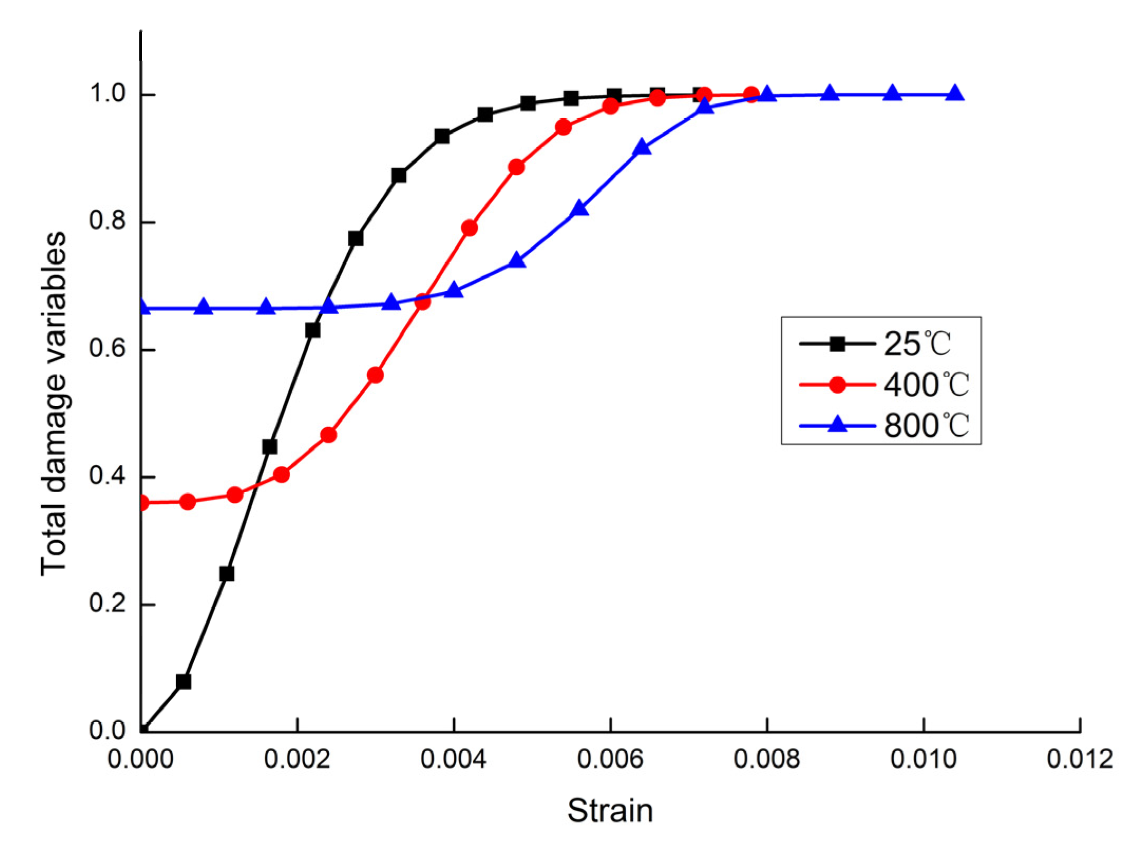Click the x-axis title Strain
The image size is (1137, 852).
[610, 810]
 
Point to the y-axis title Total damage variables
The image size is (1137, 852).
[54, 404]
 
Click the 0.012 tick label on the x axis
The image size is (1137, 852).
[1079, 759]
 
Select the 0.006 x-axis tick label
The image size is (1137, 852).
[610, 759]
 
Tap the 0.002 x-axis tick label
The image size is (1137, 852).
[297, 759]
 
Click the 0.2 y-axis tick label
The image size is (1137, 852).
[108, 602]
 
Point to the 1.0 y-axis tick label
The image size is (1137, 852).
[108, 93]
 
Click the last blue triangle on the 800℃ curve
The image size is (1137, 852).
[954, 94]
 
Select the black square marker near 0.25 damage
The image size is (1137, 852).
[227, 573]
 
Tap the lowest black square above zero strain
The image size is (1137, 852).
[184, 682]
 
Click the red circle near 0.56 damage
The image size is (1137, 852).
[375, 376]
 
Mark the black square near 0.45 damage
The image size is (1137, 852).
[270, 447]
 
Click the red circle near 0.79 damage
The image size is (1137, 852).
[470, 228]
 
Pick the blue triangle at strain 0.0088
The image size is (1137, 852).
[830, 94]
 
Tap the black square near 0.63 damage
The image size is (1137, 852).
[313, 330]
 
